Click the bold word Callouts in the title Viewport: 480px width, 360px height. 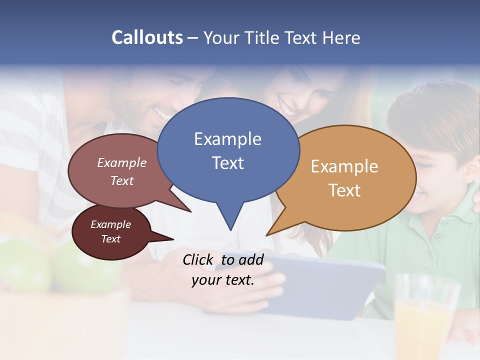(147, 37)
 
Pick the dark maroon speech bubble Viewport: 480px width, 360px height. (111, 232)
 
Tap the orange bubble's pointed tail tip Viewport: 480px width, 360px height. (267, 235)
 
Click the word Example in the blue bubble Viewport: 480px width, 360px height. (227, 138)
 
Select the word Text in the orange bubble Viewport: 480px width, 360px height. (345, 190)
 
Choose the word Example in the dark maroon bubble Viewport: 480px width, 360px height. (110, 224)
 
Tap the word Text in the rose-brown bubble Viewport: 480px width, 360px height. (122, 180)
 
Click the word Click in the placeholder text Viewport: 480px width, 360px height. (198, 259)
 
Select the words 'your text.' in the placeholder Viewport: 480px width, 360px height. (222, 280)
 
